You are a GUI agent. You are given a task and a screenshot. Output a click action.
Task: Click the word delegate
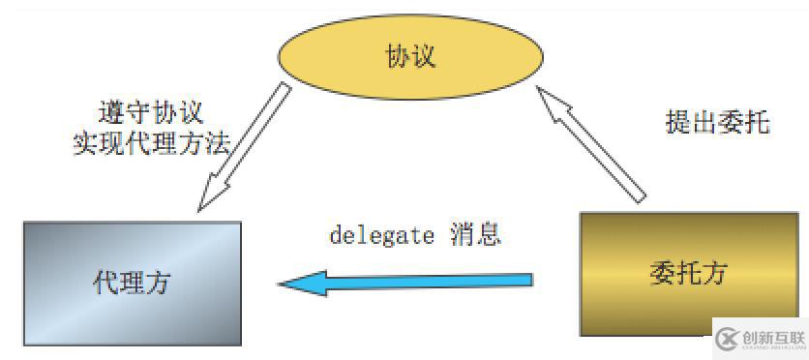coord(381,235)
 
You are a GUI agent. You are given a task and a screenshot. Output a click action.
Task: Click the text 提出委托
coord(717,122)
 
